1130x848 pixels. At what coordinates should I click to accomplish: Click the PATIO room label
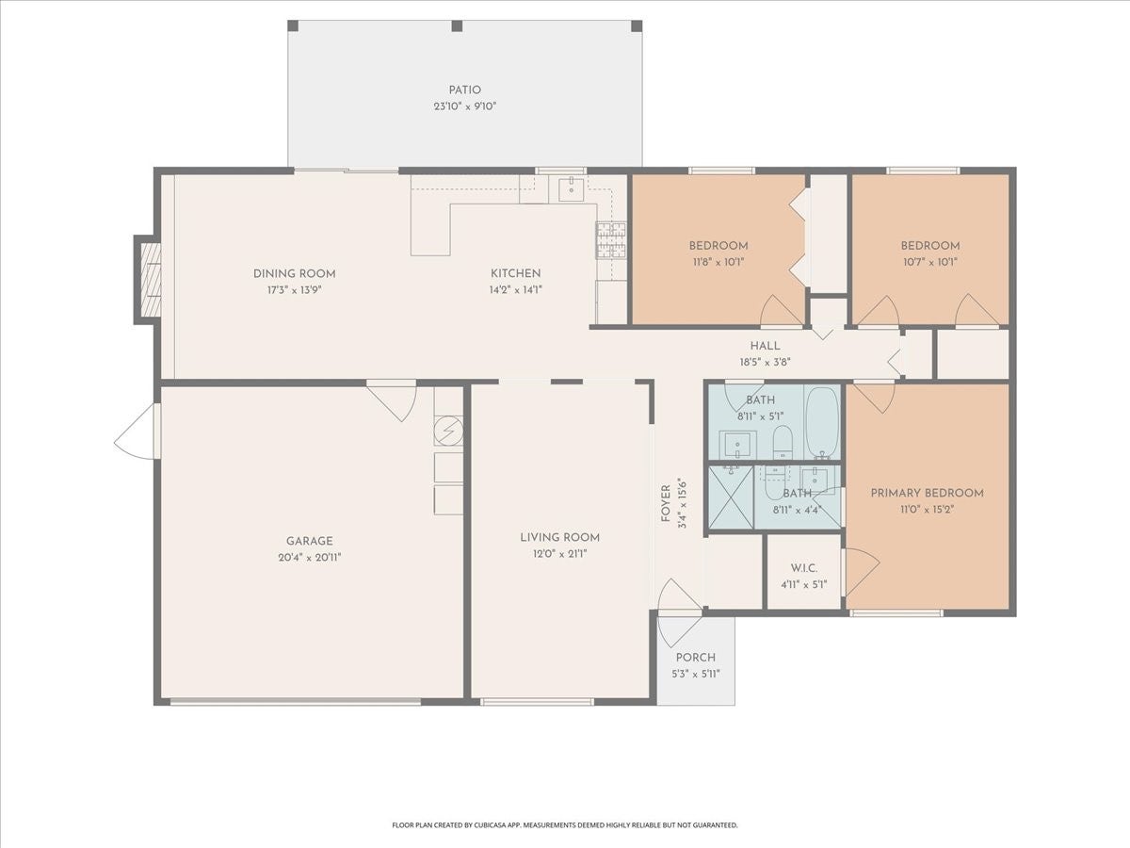pos(465,90)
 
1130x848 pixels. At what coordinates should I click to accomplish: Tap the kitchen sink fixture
pos(571,188)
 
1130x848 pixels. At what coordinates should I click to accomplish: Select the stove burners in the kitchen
pos(611,240)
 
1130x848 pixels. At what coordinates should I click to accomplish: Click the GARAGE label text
pos(310,541)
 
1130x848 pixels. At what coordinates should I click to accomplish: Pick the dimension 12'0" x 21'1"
pos(560,554)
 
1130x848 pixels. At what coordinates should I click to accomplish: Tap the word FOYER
pos(666,503)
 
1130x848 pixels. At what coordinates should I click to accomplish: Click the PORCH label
pos(696,658)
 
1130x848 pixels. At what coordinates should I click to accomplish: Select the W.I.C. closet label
pos(803,568)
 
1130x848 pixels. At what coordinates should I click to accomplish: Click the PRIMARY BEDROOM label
pos(928,493)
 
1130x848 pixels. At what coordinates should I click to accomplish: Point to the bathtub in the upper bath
pos(822,422)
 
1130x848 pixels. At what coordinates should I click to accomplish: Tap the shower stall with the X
pos(732,497)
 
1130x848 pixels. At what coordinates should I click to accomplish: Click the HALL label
pos(765,346)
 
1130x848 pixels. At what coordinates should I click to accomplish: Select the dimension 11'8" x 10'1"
pos(718,262)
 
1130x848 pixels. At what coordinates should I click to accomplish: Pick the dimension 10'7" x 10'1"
pos(930,262)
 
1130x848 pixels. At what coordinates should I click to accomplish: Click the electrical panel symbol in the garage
pos(448,431)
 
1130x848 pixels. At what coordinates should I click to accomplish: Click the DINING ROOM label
pos(295,274)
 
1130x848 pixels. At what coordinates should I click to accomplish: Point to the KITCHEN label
pos(515,274)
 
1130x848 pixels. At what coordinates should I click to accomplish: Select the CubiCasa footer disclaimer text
pos(565,824)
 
